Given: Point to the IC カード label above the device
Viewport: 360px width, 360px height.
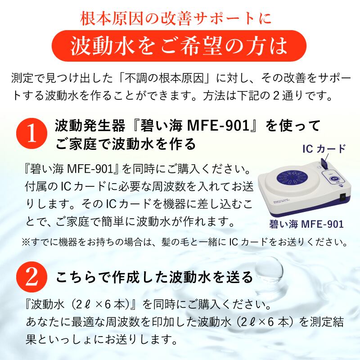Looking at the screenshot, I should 324,149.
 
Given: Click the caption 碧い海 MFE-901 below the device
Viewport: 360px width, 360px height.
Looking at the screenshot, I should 304,224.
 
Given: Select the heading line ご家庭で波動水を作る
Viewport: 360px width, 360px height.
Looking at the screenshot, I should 126,144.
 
